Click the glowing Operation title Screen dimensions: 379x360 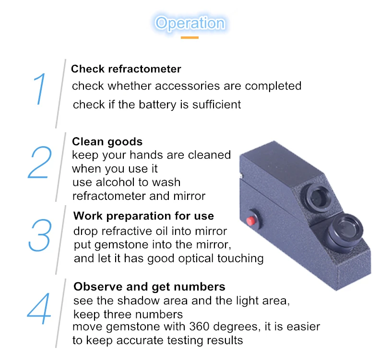tap(190, 23)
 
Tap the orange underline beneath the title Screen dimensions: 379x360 tap(190, 37)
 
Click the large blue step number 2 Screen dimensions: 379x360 tap(40, 162)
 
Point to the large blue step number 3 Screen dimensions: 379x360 tap(40, 235)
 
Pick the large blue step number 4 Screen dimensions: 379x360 tap(39, 308)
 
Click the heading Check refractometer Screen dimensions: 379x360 tap(126, 69)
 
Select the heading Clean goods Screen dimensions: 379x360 tap(107, 142)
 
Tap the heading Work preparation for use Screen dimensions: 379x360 tap(143, 216)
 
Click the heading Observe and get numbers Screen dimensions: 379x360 tap(149, 287)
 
